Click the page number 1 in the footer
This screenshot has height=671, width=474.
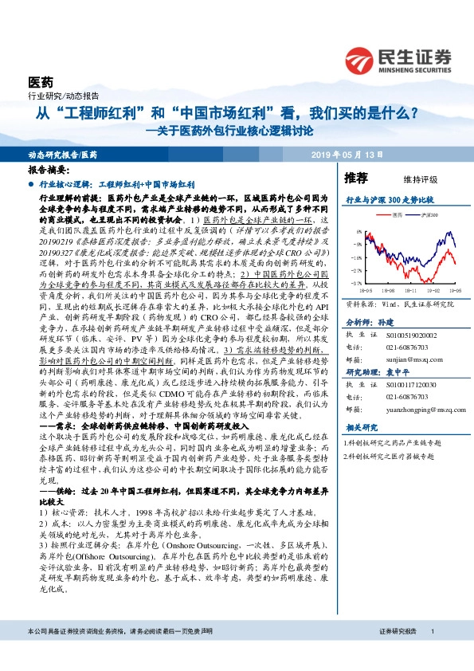click(x=431, y=653)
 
